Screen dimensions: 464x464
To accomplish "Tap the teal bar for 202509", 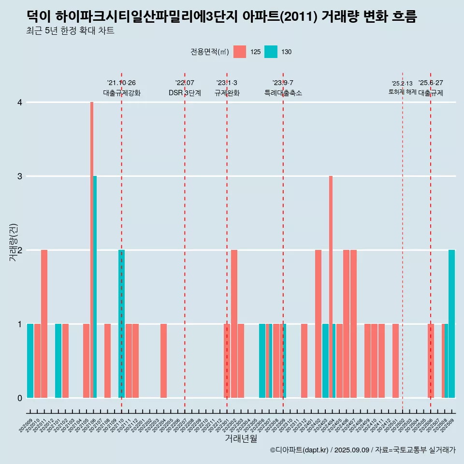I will (x=451, y=324).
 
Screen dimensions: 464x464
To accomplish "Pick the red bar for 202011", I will (x=44, y=324).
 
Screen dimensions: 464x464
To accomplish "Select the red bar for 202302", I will (x=234, y=324).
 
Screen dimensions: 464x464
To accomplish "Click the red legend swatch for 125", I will (x=240, y=52).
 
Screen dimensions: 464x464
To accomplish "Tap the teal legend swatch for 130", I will (x=271, y=52).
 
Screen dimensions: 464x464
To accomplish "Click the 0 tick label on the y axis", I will (x=20, y=398).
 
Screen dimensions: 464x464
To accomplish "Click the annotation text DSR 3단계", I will (x=185, y=93).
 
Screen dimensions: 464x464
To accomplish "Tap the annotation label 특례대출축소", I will (x=283, y=93).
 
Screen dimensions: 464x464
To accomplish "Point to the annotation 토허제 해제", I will (x=402, y=92).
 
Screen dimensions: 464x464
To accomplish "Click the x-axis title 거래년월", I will (x=241, y=439).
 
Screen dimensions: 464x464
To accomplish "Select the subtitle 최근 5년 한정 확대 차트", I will (x=71, y=31).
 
